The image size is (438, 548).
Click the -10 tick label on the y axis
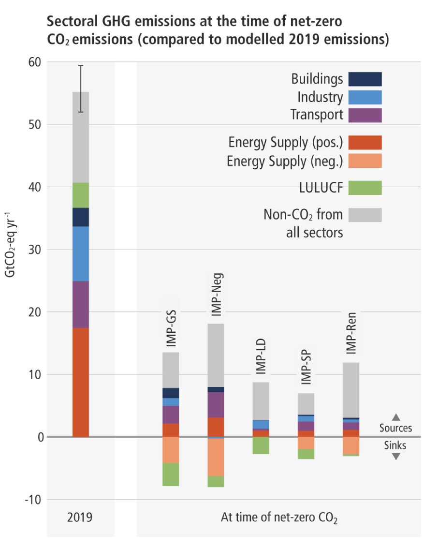click(x=32, y=500)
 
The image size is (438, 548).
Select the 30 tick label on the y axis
click(x=34, y=250)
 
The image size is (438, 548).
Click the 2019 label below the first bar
click(x=80, y=518)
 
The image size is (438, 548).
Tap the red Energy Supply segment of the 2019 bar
click(x=81, y=382)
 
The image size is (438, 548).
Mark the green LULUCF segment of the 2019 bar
click(x=81, y=195)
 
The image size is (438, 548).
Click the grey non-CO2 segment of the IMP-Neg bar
click(x=216, y=355)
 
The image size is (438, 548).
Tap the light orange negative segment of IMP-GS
click(x=171, y=450)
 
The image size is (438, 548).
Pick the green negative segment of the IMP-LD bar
click(x=261, y=445)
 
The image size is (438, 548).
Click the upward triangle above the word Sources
click(x=396, y=417)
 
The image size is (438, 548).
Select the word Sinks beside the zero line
click(x=395, y=445)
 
